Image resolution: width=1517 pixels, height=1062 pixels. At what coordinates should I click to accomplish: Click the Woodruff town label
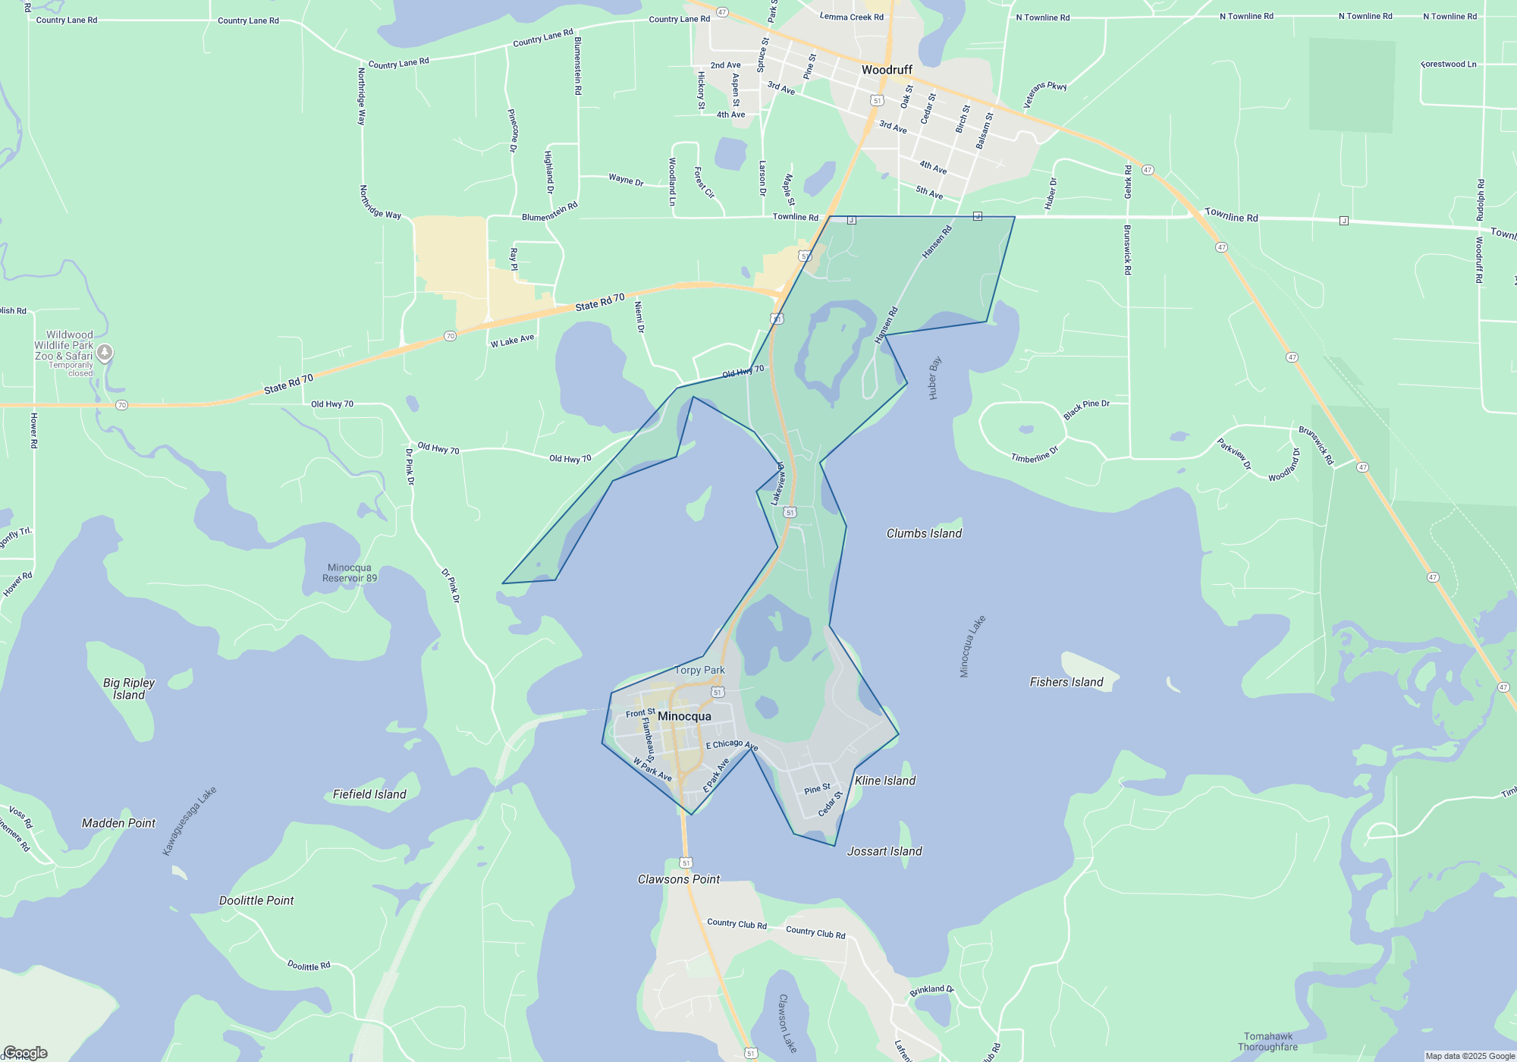click(x=887, y=70)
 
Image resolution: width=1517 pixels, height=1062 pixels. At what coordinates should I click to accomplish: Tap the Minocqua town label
click(x=684, y=716)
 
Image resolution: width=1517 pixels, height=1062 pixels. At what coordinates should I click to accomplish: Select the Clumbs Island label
click(x=924, y=533)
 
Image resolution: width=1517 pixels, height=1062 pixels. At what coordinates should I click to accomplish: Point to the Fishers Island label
click(x=1066, y=682)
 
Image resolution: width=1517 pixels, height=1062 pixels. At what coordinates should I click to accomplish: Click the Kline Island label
click(x=885, y=781)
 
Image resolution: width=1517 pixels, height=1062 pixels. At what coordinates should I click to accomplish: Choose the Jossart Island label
click(x=884, y=851)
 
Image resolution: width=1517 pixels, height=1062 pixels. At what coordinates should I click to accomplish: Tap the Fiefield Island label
click(x=369, y=794)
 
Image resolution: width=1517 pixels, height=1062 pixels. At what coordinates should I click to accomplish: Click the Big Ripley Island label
click(x=129, y=689)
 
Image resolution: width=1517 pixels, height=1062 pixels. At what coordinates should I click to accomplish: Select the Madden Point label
click(x=118, y=823)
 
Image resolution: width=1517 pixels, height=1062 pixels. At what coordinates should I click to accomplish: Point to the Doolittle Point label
click(x=256, y=900)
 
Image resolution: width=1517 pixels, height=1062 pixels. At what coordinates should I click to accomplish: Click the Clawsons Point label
click(x=679, y=879)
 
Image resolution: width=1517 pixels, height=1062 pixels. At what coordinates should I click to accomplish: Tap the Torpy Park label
click(x=699, y=670)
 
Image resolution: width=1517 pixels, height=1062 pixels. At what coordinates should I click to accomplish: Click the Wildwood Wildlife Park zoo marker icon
click(x=105, y=352)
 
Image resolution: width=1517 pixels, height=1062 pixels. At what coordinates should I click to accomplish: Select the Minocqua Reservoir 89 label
click(x=350, y=573)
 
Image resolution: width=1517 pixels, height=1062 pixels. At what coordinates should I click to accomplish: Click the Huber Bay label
click(x=934, y=377)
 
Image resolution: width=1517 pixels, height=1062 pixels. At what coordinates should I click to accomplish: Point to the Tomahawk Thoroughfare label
click(x=1267, y=1042)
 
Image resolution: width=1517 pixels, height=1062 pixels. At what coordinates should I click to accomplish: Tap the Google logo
click(x=26, y=1053)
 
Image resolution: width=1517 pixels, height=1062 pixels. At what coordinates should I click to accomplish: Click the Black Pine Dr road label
click(x=1086, y=409)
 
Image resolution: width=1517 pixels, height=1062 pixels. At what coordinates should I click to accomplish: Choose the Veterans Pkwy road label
click(x=1045, y=94)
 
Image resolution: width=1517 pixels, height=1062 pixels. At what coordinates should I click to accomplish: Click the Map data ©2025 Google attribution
click(x=1470, y=1056)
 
